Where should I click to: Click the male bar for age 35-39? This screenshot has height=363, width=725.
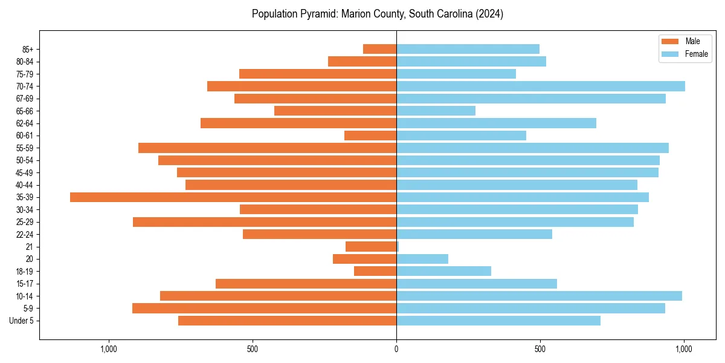pos(233,197)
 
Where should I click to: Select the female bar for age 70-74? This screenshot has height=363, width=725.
pos(541,86)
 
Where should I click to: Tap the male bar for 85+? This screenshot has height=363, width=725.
pos(379,49)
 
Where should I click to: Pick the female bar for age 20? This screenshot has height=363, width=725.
pos(422,259)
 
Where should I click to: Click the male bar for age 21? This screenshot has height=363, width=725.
pos(371,246)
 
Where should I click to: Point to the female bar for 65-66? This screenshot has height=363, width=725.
pos(436,111)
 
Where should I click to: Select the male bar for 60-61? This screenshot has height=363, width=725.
pos(370,136)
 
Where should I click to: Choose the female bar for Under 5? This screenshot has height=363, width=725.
pos(498,321)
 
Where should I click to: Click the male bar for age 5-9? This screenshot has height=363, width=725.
pos(264,308)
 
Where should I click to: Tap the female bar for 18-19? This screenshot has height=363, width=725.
pos(443,271)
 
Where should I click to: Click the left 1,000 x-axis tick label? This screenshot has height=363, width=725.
pos(109,350)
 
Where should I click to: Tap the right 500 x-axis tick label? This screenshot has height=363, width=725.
pos(540,350)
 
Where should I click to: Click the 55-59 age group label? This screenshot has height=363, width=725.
pos(25,148)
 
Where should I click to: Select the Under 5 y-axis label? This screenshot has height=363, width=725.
pos(22,321)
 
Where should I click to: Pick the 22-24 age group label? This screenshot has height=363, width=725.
pos(25,234)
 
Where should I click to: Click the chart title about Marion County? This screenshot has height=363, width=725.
pos(378,14)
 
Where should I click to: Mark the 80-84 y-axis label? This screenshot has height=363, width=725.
pos(25,62)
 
